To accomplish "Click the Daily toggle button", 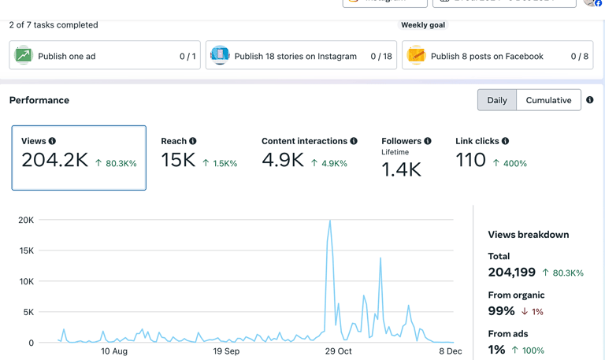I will pos(497,100).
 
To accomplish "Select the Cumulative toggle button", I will pos(548,100).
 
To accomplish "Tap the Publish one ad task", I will pos(105,56).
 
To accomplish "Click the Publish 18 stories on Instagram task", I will pos(301,56).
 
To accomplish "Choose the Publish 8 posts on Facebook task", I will pos(497,56).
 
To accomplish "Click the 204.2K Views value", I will pos(54,160).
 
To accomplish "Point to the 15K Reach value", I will pos(178,160).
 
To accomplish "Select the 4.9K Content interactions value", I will pos(283,160).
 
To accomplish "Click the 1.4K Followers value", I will pos(401,169).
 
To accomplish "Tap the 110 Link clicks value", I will pos(471,160).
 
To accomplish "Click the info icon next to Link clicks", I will pos(505,141).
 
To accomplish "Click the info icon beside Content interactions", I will pos(354,141).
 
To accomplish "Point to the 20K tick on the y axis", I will pos(25,221).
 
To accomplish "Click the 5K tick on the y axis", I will pos(28,313).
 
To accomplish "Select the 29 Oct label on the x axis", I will pos(339,351).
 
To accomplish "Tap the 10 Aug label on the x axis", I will pos(114,351).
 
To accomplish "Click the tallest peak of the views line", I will pos(329,221).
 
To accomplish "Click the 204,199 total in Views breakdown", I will pos(511,273).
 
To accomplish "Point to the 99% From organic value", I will pos(501,311).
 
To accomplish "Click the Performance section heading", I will pos(39,100).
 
